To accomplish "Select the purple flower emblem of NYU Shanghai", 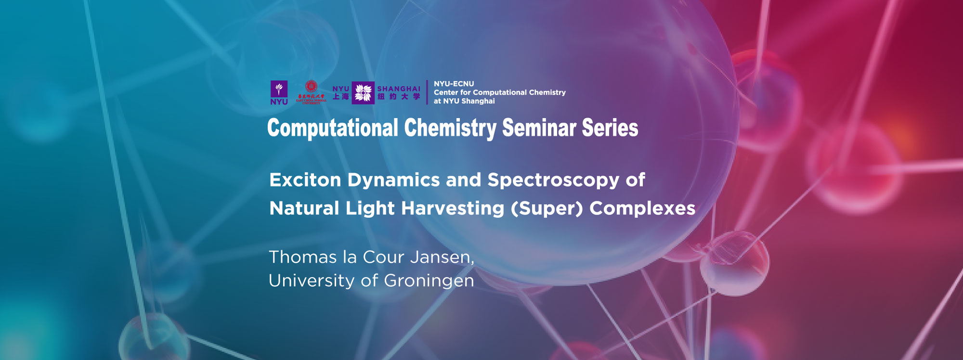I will tap(363, 92).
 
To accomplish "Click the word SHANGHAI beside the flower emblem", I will tap(399, 89).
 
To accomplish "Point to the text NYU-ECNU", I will tap(454, 84).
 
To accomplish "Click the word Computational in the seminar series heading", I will tap(333, 129).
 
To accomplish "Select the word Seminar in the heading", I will tap(539, 129).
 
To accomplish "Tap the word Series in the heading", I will tap(610, 129).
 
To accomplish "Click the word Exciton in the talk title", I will tap(305, 180).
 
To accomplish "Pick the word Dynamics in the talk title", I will tap(393, 180).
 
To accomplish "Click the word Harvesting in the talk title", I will tap(453, 209).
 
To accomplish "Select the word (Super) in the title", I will tap(547, 209).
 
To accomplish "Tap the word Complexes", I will tap(642, 209).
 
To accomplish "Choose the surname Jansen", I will tap(442, 257).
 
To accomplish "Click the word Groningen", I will tap(429, 281).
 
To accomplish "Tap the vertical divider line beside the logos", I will tap(427, 92).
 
